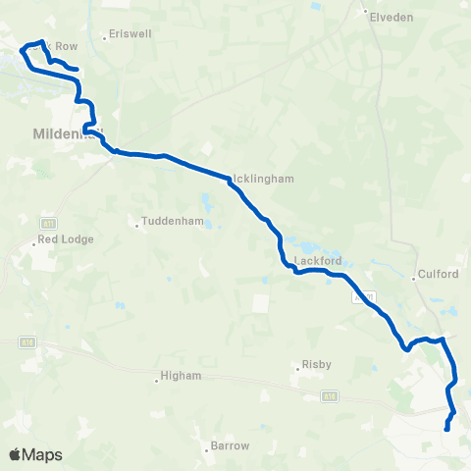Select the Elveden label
[392, 17]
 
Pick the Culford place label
[438, 275]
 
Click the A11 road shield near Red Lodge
[48, 224]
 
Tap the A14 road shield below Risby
[330, 396]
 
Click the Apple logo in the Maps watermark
[16, 454]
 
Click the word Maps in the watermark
[42, 454]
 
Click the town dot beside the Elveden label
[365, 13]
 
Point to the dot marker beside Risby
[297, 369]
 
